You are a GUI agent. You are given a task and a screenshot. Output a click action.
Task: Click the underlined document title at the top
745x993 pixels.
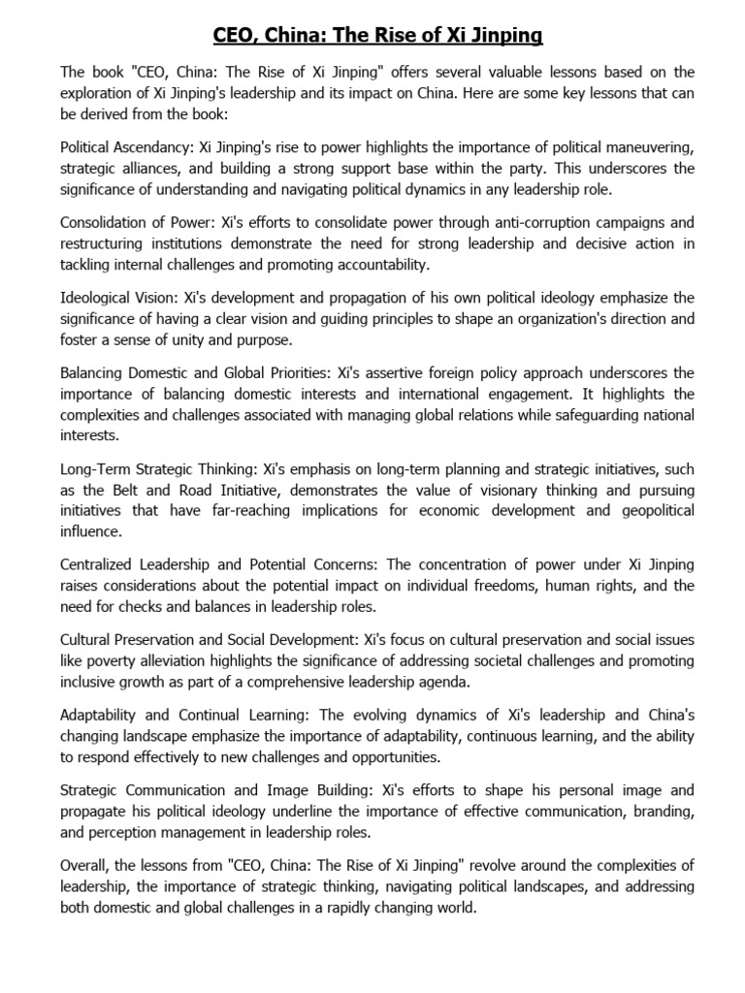pyautogui.click(x=378, y=36)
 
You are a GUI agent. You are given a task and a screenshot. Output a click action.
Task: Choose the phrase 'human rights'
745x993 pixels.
pyautogui.click(x=592, y=585)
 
